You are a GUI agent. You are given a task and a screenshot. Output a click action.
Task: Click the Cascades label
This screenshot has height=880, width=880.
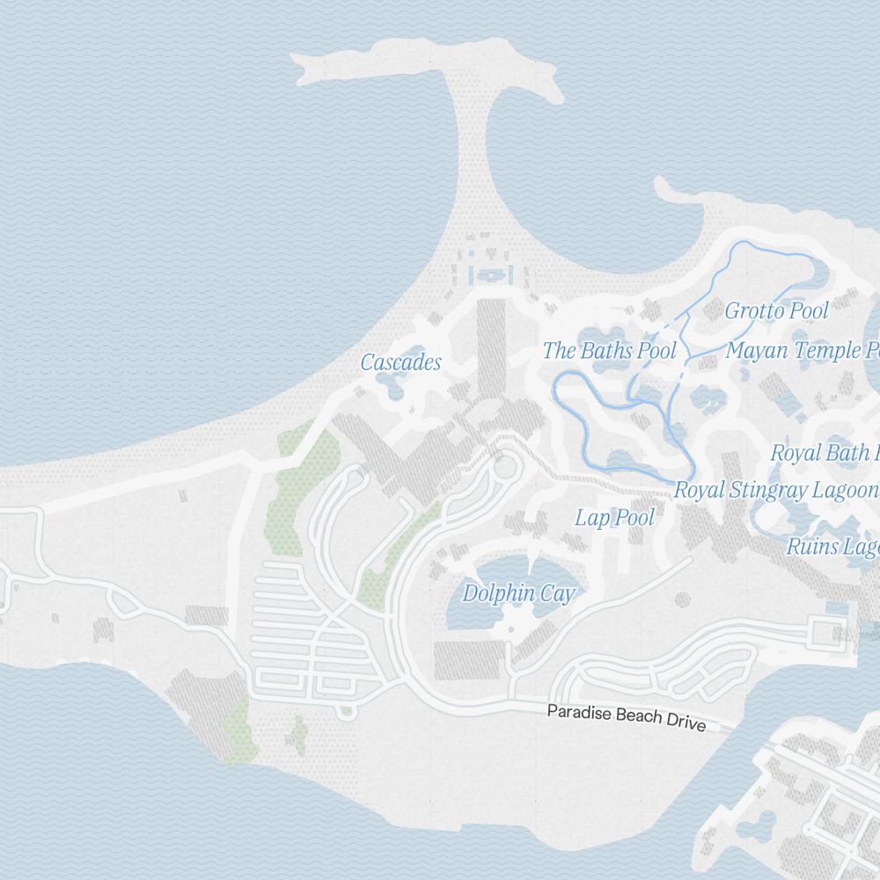(x=400, y=363)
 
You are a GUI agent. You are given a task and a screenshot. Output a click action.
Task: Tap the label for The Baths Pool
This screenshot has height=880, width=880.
(x=609, y=351)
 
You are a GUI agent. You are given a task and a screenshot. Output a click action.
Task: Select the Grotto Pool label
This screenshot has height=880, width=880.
(x=776, y=311)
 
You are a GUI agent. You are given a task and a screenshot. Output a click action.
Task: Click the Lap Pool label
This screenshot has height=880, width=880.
(x=614, y=517)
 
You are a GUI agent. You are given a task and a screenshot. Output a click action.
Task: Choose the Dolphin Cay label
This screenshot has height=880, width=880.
(x=518, y=594)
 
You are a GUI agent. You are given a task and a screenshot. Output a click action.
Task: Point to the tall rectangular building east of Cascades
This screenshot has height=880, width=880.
(x=491, y=348)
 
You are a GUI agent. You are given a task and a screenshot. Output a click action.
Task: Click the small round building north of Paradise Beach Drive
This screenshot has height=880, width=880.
(x=682, y=600)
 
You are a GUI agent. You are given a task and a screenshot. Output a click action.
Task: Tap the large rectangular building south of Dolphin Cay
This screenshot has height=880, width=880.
(x=469, y=660)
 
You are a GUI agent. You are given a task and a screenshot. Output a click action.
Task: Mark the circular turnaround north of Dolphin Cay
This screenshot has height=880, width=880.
(x=505, y=466)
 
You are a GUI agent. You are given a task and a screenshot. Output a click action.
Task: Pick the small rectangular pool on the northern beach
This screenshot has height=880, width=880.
(x=489, y=276)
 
